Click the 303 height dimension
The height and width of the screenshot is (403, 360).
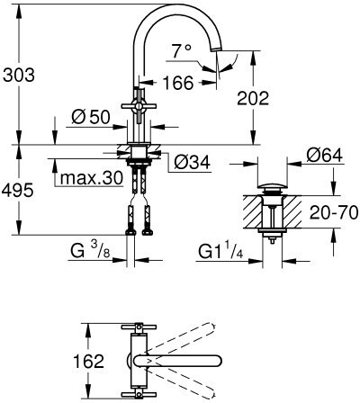click(x=19, y=75)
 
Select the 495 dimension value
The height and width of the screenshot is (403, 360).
click(x=17, y=190)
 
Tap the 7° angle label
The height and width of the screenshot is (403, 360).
click(x=181, y=50)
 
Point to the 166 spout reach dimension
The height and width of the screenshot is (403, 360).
click(x=178, y=83)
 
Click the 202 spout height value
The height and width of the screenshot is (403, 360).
click(x=253, y=98)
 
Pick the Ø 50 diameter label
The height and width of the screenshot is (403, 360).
click(x=91, y=117)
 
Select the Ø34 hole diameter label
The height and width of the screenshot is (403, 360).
click(x=192, y=162)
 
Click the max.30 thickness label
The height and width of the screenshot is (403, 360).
click(x=92, y=178)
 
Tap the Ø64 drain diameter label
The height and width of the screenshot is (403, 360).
click(x=324, y=156)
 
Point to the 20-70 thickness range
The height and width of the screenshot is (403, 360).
click(x=334, y=212)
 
